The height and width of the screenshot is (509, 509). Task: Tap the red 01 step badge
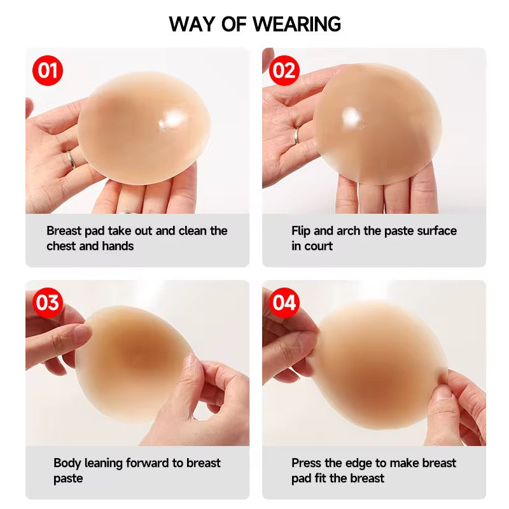coord(47,71)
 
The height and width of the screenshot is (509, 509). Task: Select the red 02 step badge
coord(284,71)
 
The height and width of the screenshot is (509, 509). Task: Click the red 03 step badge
coord(47,303)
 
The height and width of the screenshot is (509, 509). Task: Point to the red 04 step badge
coord(284,303)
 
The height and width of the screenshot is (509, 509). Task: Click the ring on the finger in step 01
coord(71,159)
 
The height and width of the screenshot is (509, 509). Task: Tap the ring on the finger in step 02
coord(296,136)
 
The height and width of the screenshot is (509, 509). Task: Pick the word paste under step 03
coord(68,478)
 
